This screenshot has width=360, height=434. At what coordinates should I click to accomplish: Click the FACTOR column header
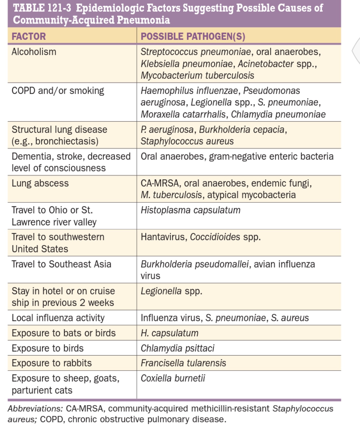coord(29,36)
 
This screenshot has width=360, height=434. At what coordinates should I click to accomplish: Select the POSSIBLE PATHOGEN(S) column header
coord(193,36)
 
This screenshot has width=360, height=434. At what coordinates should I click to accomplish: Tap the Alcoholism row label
coord(34,52)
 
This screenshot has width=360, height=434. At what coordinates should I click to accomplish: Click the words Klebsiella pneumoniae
coord(186,64)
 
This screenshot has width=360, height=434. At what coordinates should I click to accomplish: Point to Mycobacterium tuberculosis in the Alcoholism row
coord(197,76)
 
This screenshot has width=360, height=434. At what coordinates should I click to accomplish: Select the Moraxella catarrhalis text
coord(183,114)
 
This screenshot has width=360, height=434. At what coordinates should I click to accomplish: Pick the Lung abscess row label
coord(40,183)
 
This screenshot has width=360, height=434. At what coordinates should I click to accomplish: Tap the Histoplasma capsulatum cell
coord(191,210)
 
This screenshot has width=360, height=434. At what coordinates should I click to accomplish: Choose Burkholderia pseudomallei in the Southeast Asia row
coord(195,264)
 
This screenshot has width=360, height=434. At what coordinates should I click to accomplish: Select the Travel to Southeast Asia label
coord(62,264)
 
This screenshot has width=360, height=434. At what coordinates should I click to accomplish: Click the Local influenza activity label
coord(58,318)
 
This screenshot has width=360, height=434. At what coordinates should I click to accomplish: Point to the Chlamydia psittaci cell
coord(177,348)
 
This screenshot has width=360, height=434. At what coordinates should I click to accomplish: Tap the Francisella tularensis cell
coord(183,363)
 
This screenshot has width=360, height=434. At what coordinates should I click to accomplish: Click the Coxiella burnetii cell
coord(173,378)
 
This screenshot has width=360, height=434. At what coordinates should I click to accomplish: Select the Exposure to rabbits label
coord(52,363)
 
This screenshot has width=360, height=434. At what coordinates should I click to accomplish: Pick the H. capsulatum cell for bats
coord(169,333)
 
